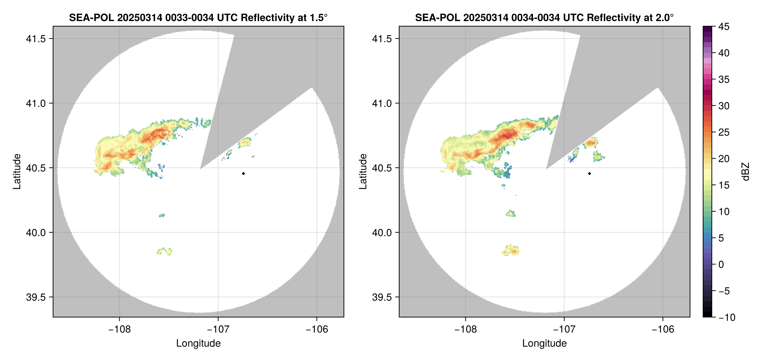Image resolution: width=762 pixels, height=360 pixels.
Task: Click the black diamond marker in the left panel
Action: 243,173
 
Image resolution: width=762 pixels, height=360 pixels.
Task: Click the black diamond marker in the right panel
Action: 589,173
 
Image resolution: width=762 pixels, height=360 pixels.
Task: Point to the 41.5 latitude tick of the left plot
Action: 36,39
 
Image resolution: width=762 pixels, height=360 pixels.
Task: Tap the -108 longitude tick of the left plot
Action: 119,329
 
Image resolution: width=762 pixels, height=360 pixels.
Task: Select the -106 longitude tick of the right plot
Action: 663,329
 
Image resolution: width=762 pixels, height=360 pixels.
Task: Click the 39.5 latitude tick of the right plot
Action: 382,297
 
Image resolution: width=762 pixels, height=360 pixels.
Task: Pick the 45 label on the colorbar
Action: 724,27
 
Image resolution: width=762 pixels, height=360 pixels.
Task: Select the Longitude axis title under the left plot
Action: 198,343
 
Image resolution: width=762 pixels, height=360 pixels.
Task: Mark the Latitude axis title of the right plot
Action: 363,171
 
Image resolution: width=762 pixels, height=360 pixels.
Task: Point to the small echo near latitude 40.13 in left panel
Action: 162,215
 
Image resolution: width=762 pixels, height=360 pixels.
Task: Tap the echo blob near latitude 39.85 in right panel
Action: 511,250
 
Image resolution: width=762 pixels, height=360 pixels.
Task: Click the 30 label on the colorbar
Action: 724,106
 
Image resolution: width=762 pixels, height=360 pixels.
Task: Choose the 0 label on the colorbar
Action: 721,264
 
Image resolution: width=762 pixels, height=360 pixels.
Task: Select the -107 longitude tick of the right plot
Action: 564,329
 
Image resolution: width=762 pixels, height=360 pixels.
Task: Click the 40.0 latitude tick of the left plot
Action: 36,232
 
